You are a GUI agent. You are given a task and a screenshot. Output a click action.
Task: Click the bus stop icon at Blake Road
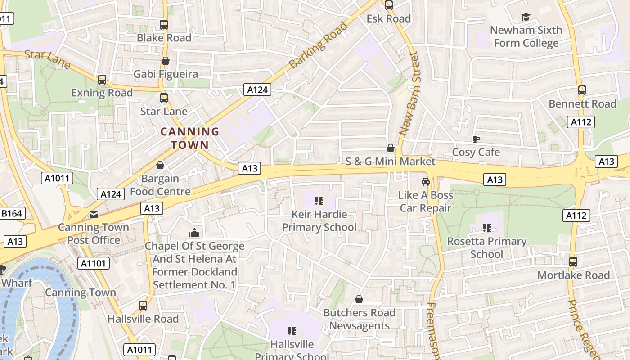(164, 25)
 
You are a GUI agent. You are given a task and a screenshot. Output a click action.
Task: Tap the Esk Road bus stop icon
(389, 5)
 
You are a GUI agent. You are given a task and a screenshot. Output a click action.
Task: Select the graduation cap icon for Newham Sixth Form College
(526, 17)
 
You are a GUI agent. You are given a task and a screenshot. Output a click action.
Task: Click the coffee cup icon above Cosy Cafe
(476, 139)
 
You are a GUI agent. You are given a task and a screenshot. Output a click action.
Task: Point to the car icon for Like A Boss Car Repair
(425, 182)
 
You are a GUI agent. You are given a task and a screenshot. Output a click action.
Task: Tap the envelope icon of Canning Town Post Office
(94, 214)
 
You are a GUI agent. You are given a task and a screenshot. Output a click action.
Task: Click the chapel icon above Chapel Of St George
(194, 233)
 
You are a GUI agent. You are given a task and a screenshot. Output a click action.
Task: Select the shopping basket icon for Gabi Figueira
(166, 61)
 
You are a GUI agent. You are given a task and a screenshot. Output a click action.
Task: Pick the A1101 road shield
(94, 263)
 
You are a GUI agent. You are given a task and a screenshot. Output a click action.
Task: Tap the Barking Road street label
(319, 45)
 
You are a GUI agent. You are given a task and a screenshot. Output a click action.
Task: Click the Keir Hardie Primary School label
(319, 220)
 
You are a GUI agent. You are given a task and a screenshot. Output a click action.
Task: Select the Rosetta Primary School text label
(486, 247)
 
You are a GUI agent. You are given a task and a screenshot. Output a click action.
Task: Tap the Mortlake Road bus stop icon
(573, 262)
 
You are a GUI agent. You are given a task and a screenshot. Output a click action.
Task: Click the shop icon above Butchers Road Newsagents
(359, 299)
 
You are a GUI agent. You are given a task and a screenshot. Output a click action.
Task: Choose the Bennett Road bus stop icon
(582, 90)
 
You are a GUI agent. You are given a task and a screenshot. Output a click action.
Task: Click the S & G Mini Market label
(391, 162)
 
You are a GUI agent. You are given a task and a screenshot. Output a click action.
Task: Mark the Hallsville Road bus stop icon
(143, 306)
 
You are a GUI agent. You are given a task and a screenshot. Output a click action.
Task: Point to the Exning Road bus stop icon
(102, 80)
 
